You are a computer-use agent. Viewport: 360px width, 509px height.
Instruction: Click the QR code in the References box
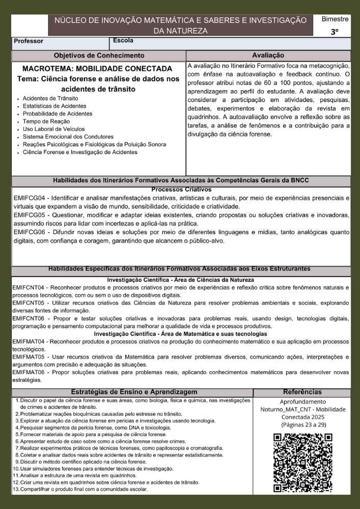pos(302,463)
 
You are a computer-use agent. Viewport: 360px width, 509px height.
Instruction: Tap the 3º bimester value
pos(334,32)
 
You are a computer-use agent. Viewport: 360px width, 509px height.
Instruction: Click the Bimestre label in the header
pos(335,19)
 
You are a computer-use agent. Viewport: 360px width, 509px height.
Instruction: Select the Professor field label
pos(29,41)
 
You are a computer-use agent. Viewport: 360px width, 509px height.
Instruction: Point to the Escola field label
pos(123,40)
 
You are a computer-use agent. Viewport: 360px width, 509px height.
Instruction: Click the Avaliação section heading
pos(268,55)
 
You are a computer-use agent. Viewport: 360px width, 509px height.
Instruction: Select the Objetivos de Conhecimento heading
pos(99,55)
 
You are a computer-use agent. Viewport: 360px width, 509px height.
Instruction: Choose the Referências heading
pos(302,392)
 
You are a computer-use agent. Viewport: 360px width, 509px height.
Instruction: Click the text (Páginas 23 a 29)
pos(302,424)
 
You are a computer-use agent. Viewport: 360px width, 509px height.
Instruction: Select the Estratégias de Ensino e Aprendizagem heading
pos(134,392)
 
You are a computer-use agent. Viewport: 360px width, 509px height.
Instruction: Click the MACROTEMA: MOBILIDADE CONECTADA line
pos(97,68)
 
